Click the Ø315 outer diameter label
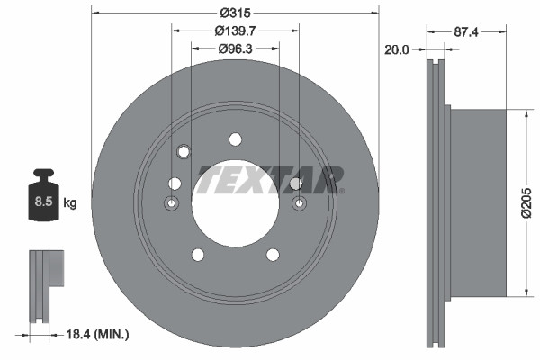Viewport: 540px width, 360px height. [x=235, y=12]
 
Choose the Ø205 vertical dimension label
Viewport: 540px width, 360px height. [x=532, y=202]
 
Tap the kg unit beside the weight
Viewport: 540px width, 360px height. [x=70, y=203]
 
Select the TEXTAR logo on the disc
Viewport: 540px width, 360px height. [x=270, y=179]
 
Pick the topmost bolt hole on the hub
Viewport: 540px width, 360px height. [x=235, y=139]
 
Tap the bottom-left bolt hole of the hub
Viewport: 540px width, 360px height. [x=198, y=256]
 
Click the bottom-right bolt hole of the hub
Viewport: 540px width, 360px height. [x=272, y=256]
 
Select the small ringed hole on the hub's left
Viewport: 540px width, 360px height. [x=172, y=204]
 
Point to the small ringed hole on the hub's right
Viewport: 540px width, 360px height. [x=299, y=204]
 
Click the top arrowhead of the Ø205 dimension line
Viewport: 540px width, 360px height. [x=524, y=113]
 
